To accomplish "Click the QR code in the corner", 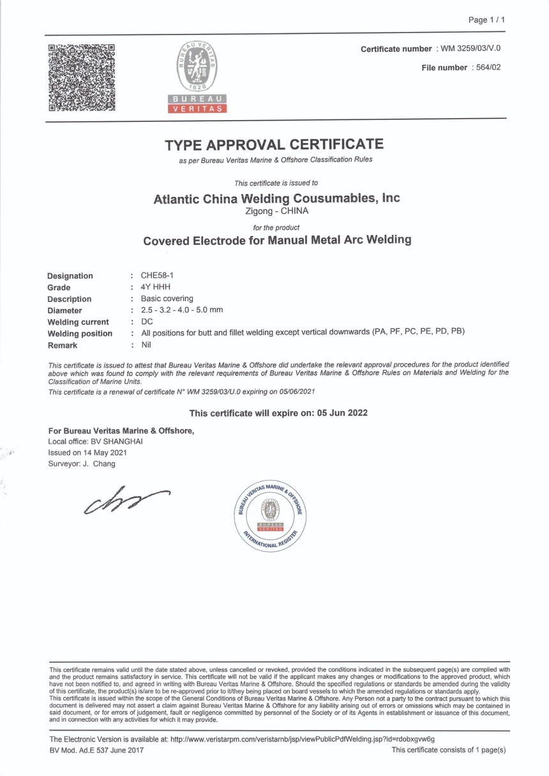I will click(x=82, y=77).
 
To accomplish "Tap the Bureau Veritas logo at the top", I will click(x=197, y=76).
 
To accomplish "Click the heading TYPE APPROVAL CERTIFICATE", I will click(x=274, y=145).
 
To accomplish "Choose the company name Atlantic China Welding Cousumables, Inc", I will click(x=276, y=198).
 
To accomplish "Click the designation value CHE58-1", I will click(x=157, y=276).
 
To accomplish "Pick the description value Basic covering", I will click(x=167, y=299).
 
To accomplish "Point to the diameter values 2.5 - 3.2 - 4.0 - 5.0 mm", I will click(x=182, y=310).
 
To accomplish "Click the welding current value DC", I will click(x=146, y=322).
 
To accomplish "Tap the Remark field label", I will click(x=62, y=345).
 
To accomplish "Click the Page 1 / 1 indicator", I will click(x=486, y=20).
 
